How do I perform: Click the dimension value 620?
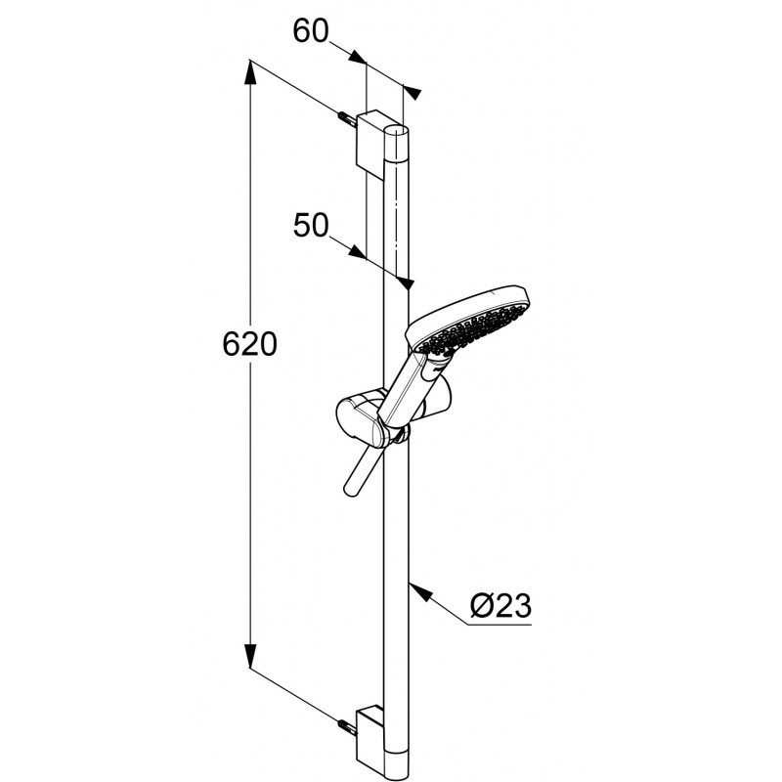249,344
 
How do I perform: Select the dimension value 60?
311,31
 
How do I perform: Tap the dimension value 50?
311,225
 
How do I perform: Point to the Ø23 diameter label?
500,605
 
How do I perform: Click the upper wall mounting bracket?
373,142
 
